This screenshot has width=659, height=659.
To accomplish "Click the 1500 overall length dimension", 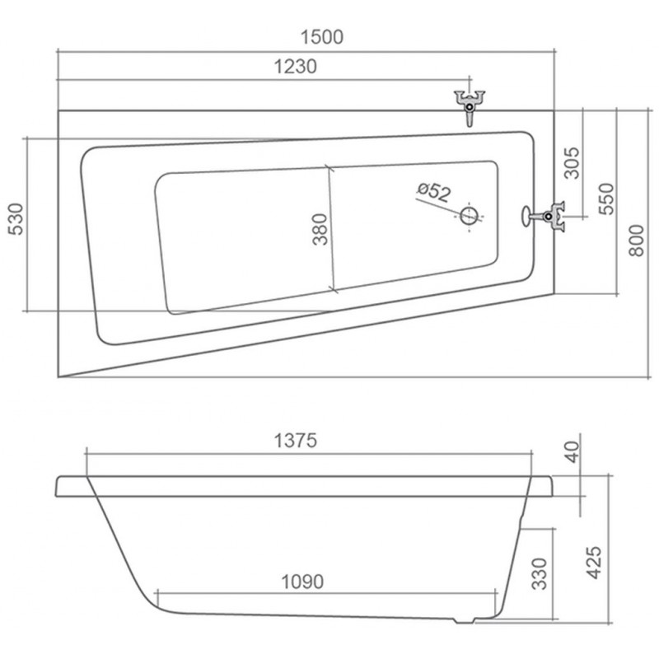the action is (322, 37).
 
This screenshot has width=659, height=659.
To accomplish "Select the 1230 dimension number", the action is (296, 67).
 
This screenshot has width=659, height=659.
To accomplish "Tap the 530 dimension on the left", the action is (16, 219).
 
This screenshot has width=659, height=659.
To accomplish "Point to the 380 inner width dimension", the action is (320, 229).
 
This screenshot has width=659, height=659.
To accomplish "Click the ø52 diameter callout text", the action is (434, 192).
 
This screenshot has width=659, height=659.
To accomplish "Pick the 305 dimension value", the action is (571, 163).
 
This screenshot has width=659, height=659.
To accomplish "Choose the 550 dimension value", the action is (606, 199).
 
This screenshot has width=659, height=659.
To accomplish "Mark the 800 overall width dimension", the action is (636, 241).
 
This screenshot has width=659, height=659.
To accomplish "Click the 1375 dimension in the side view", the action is (296, 441).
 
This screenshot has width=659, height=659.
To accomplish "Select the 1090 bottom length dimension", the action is (302, 582).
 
